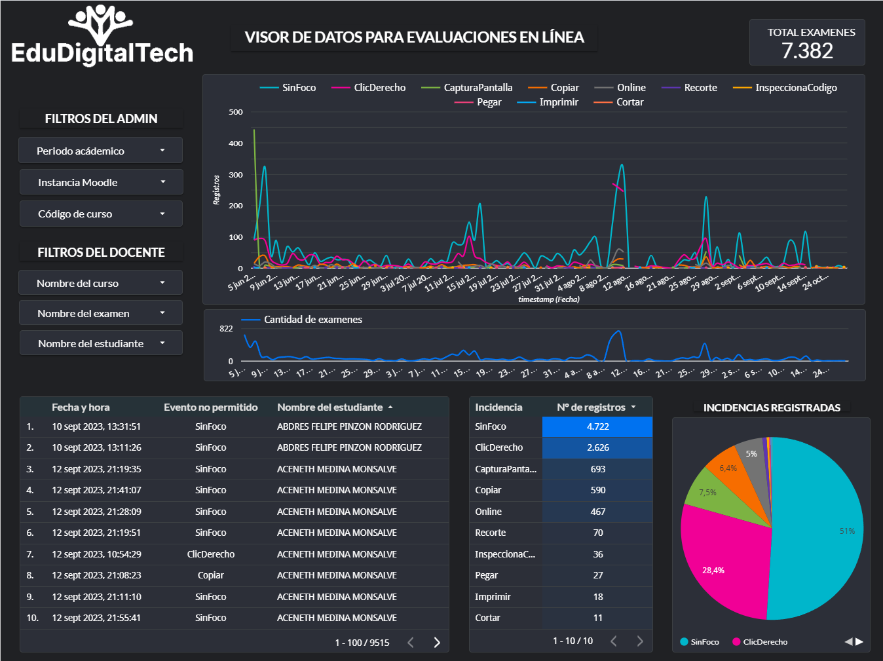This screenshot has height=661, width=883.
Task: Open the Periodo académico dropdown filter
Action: click(x=100, y=151)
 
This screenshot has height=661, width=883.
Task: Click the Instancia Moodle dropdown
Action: click(x=101, y=182)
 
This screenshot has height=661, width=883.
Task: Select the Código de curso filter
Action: click(x=101, y=214)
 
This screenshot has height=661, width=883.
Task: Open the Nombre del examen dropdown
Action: click(x=101, y=313)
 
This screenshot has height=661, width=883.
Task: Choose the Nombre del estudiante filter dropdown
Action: click(x=101, y=343)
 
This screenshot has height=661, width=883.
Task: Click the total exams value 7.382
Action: click(x=807, y=51)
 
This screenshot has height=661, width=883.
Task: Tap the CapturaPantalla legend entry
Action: click(x=477, y=88)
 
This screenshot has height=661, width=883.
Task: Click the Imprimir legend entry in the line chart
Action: click(x=558, y=102)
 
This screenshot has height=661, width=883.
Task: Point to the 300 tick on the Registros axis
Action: click(x=236, y=175)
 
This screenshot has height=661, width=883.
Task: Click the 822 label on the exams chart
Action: click(x=226, y=329)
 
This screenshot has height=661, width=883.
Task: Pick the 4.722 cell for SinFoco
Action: click(x=597, y=426)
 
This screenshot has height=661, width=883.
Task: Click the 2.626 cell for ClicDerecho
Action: click(x=597, y=447)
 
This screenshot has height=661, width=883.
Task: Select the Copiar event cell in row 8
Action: click(x=210, y=575)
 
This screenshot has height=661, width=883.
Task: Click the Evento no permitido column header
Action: click(x=210, y=407)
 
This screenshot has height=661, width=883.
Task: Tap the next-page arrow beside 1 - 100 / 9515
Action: click(x=437, y=642)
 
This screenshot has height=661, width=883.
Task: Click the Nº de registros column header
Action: click(x=591, y=407)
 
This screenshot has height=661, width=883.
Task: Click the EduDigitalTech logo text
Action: click(x=102, y=53)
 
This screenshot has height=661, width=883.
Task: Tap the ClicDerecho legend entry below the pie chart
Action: click(x=764, y=642)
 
